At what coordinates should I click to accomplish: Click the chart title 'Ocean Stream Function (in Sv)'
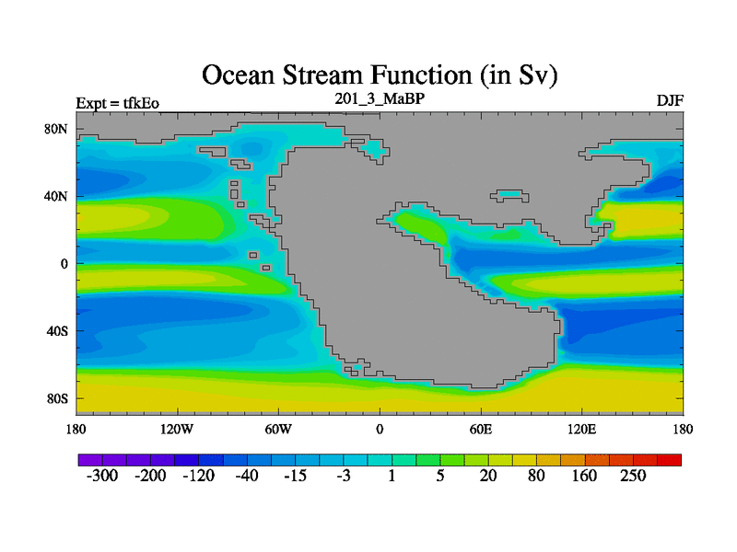pos(380,75)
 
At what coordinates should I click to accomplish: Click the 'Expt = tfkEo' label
pos(118,103)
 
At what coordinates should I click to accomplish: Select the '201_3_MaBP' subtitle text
pos(380,98)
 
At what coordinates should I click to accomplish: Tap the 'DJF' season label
pos(670,101)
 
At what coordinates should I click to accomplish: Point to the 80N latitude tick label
pos(56,129)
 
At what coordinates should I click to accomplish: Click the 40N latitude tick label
pos(56,196)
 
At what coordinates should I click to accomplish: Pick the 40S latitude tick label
pos(57,331)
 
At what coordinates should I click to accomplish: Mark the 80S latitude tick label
pos(57,399)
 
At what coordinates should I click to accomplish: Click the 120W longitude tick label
pos(177,430)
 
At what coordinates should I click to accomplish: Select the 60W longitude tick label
pos(278,430)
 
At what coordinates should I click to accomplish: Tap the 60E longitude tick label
pos(481,430)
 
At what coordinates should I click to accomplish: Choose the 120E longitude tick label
pos(582,430)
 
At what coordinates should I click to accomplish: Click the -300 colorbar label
pos(102,476)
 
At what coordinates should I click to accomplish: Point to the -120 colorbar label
pos(198,476)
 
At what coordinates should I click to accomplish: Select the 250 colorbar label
pos(633,476)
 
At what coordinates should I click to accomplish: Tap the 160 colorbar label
pos(584,476)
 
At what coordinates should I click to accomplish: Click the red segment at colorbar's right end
pos(670,460)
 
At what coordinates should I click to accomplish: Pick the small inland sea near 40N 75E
pos(509,195)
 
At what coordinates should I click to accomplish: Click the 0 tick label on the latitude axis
pos(64,264)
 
